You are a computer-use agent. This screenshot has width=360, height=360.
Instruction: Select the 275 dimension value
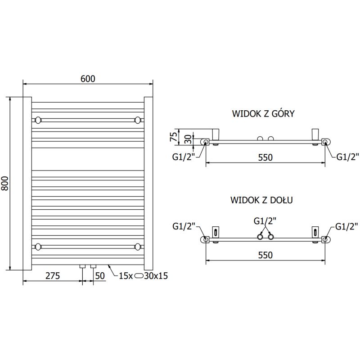point(52,276)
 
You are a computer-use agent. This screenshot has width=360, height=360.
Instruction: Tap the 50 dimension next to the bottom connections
point(99,276)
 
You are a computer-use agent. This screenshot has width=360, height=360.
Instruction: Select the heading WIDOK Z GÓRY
point(263,113)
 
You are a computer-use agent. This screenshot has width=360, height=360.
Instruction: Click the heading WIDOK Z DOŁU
point(262,200)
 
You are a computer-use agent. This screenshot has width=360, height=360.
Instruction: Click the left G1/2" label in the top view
point(184,157)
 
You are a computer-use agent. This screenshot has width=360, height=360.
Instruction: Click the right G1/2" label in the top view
point(348,157)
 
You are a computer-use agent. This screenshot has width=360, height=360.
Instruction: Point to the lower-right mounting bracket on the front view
point(138,246)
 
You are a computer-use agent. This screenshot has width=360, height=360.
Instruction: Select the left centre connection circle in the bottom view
point(260,237)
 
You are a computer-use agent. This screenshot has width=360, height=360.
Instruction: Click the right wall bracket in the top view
point(315,134)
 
